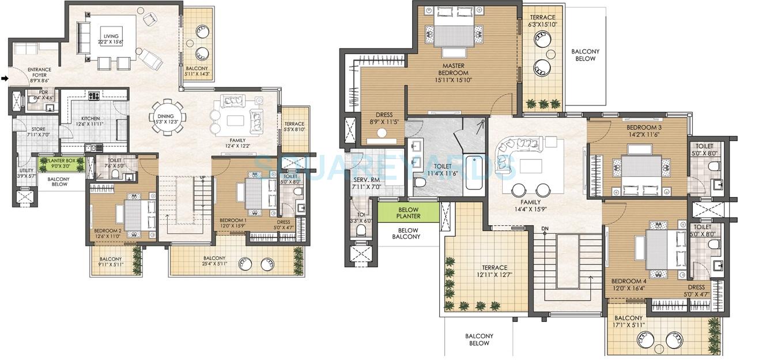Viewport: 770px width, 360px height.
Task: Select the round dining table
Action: [x=168, y=118]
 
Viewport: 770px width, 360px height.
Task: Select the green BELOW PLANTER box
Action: [x=409, y=212]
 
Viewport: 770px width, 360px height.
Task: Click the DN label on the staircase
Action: [x=545, y=229]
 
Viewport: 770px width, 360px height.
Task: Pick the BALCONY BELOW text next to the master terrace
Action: [x=585, y=55]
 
